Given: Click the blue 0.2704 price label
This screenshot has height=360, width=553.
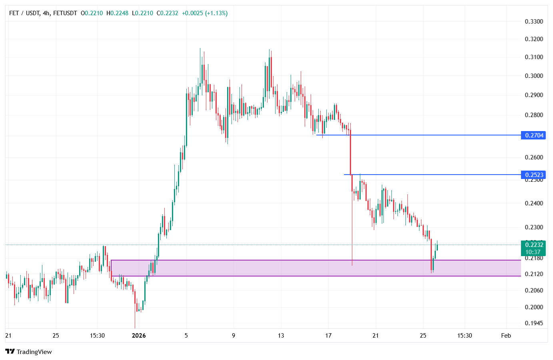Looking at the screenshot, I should click(x=533, y=135).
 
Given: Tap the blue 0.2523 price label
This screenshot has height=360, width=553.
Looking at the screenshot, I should click(x=533, y=175).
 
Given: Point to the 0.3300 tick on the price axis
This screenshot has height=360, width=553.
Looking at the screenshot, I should click(x=534, y=22).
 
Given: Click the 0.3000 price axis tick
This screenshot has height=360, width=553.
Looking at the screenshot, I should click(x=534, y=76).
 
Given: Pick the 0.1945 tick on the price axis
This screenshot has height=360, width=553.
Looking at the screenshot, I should click(x=534, y=323).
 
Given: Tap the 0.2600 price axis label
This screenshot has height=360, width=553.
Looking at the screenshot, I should click(x=534, y=157).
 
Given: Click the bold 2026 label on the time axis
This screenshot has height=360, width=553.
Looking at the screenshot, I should click(x=139, y=336).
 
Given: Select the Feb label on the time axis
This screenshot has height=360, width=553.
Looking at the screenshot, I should click(x=506, y=336).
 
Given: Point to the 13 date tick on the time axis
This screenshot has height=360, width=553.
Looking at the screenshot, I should click(x=281, y=336).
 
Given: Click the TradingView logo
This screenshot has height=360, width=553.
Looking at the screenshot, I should click(x=29, y=352).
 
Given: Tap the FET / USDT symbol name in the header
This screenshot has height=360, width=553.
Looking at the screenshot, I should click(x=24, y=13).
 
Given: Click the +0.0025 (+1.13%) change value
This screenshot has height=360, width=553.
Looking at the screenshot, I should click(x=204, y=13).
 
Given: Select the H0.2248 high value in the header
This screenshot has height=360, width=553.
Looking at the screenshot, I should click(x=117, y=13).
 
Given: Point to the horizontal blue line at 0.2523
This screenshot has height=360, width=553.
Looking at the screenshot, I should click(x=440, y=175).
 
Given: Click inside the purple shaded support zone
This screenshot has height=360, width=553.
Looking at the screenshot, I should click(x=280, y=268).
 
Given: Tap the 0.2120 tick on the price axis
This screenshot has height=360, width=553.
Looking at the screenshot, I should click(x=534, y=274).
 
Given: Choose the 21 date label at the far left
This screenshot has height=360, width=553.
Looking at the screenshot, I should click(x=8, y=336).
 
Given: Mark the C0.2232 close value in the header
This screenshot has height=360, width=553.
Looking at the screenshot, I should click(x=167, y=13).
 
